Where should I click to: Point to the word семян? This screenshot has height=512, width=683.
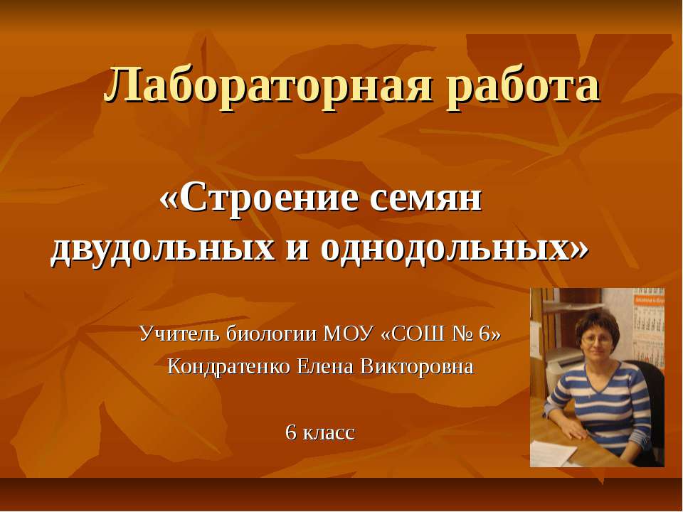tap(425, 200)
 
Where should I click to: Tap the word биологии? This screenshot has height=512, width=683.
tap(272, 333)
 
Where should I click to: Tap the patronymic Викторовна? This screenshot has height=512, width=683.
tap(417, 367)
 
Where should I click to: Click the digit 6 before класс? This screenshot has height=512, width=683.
tap(290, 432)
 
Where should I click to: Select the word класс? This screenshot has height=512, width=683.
tap(329, 432)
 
